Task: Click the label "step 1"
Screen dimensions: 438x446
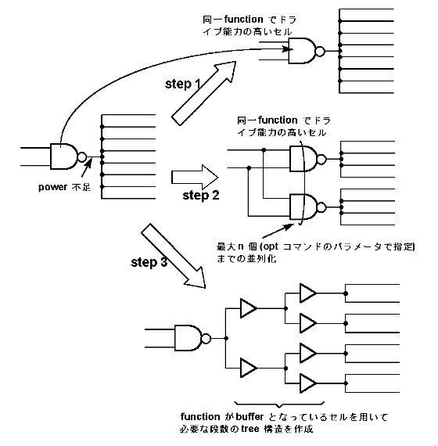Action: coord(183,84)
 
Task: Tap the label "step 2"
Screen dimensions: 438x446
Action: coord(201,196)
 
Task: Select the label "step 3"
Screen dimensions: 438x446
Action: coord(149,262)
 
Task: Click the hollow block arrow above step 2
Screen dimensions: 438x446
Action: coord(195,177)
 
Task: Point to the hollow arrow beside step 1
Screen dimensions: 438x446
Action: coord(204,93)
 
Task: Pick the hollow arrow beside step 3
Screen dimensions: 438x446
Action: coord(174,256)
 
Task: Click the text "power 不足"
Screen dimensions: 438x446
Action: coord(65,187)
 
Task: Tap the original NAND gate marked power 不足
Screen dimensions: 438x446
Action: coord(68,156)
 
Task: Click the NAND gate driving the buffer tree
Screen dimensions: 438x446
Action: coord(192,338)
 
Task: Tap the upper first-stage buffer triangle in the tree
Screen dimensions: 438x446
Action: coord(249,308)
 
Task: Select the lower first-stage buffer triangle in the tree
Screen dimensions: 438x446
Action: coord(249,368)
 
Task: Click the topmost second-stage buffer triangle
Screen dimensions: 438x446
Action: coord(308,293)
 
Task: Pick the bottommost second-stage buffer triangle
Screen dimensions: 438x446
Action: coord(308,383)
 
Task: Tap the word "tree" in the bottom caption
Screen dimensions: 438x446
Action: coord(250,429)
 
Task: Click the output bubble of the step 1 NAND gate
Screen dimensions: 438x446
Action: coord(320,51)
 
